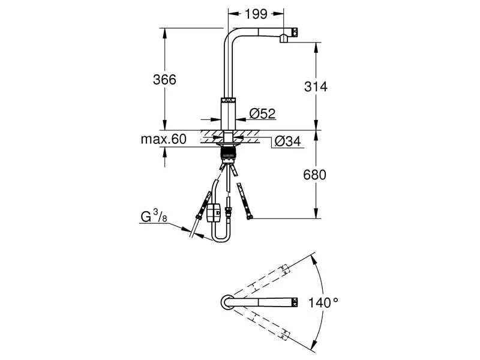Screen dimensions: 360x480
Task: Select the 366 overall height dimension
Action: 164,79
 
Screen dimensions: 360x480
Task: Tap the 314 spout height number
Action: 315,86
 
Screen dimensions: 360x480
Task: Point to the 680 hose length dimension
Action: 315,175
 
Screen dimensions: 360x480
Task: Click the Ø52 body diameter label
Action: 262,113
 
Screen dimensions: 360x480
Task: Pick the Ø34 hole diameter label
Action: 287,141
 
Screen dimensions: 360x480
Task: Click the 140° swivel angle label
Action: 324,302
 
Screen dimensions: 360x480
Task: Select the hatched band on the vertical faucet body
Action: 227,101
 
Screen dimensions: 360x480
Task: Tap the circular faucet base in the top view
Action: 227,302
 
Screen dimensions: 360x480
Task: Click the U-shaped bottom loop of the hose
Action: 220,238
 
